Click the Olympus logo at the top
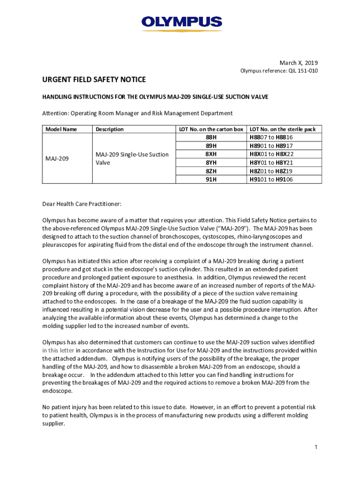pyautogui.click(x=181, y=22)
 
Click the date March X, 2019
pyautogui.click(x=298, y=63)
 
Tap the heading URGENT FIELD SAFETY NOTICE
pyautogui.click(x=94, y=80)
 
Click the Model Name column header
pyautogui.click(x=61, y=129)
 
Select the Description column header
pyautogui.click(x=109, y=129)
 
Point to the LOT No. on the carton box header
pyautogui.click(x=211, y=129)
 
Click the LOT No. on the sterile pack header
pyautogui.click(x=283, y=129)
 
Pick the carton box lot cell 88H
pyautogui.click(x=211, y=138)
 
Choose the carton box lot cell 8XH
pyautogui.click(x=211, y=154)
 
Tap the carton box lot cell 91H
pyautogui.click(x=211, y=179)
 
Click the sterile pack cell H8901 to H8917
pyautogui.click(x=272, y=146)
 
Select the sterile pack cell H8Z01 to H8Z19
pyautogui.click(x=272, y=171)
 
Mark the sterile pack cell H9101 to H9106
pyautogui.click(x=272, y=179)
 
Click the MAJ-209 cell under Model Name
pyautogui.click(x=57, y=159)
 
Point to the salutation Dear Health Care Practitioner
pyautogui.click(x=82, y=204)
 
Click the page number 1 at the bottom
pyautogui.click(x=316, y=447)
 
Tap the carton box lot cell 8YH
pyautogui.click(x=211, y=162)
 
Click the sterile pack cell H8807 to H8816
pyautogui.click(x=272, y=138)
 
